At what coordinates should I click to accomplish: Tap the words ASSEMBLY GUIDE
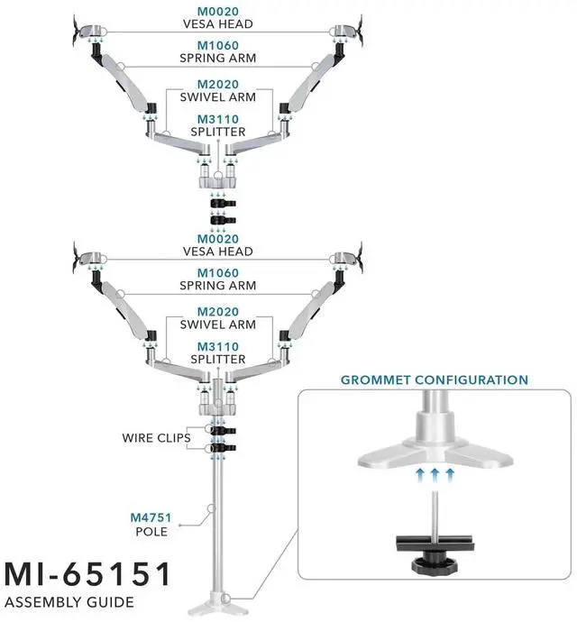click(x=69, y=602)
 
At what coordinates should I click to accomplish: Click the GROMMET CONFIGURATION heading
click(x=434, y=380)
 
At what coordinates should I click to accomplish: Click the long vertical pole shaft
click(x=217, y=523)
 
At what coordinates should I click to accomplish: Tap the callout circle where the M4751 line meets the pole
click(x=209, y=509)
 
